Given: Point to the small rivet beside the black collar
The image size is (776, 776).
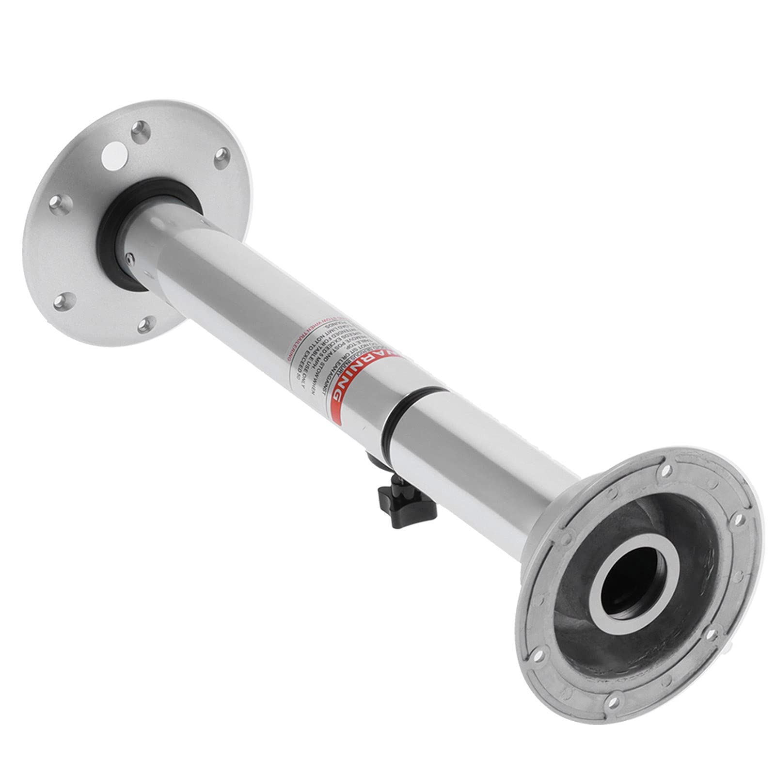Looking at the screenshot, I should pyautogui.click(x=127, y=259).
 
